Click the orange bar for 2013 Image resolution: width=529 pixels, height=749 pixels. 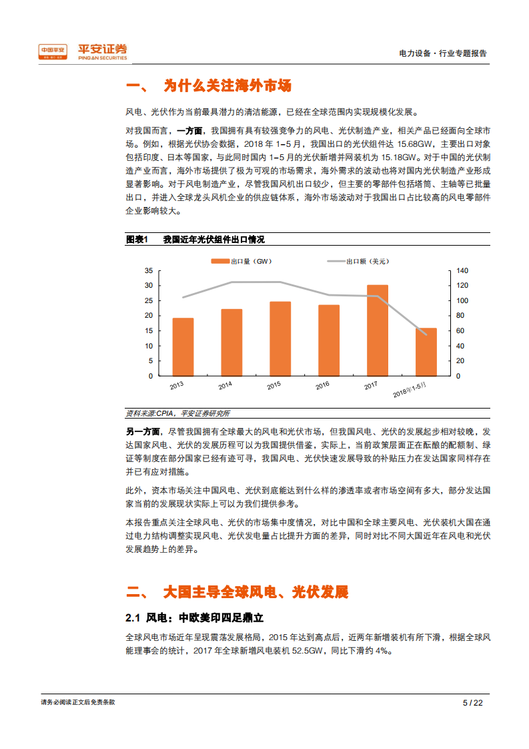click(183, 346)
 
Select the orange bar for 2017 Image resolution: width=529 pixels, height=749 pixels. click(377, 330)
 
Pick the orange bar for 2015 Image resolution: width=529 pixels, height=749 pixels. click(280, 338)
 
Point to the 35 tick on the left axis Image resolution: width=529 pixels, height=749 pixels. click(149, 270)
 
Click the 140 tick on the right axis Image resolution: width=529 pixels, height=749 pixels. click(462, 270)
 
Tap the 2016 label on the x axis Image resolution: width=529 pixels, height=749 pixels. click(323, 385)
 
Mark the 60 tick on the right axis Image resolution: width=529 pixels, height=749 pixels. click(460, 330)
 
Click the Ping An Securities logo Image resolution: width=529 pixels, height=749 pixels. click(83, 51)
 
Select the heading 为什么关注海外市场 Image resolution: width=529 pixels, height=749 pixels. click(227, 86)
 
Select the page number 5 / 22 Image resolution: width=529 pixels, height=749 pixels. click(472, 702)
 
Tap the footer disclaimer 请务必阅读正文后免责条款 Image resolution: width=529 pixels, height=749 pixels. click(77, 702)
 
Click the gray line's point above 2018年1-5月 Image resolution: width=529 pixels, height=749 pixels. click(426, 334)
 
